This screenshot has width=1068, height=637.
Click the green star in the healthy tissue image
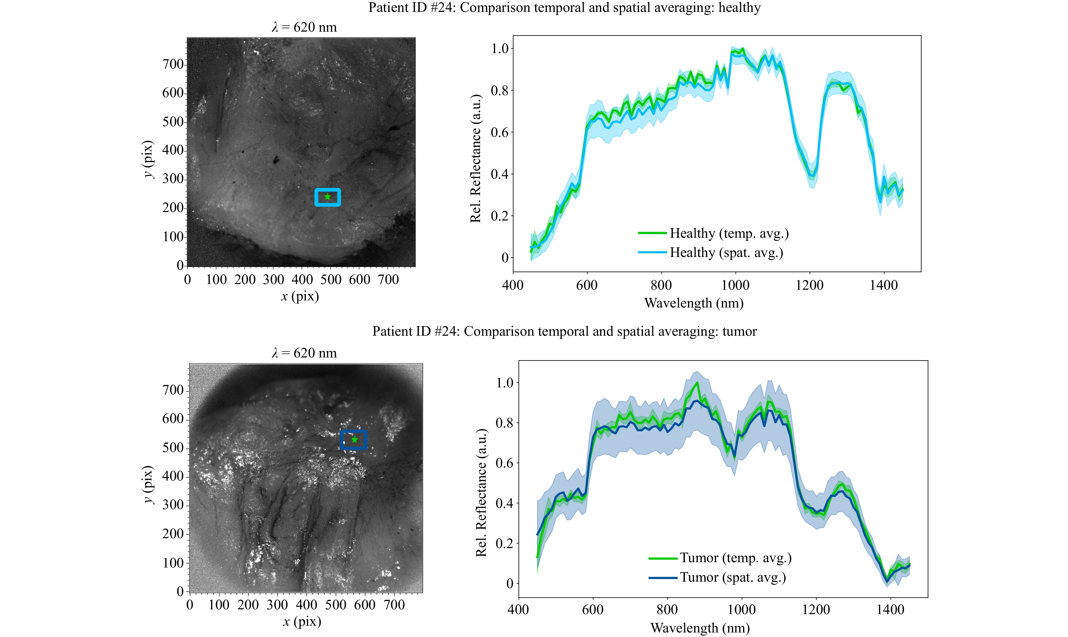(x=328, y=197)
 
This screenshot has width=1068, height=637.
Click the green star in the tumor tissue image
(x=354, y=440)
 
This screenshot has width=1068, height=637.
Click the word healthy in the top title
(x=739, y=8)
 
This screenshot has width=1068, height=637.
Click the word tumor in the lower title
(x=739, y=331)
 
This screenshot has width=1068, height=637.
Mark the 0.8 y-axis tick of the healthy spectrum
(x=500, y=91)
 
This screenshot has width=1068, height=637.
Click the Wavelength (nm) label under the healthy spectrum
(x=694, y=303)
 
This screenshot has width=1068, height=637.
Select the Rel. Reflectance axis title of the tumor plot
(x=481, y=492)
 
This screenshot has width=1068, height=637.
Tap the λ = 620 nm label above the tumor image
(x=304, y=353)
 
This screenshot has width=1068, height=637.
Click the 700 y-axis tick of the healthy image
(x=173, y=64)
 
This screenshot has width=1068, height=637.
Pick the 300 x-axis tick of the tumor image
(x=277, y=605)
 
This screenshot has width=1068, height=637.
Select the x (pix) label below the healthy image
(x=300, y=296)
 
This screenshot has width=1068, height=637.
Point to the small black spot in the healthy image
(x=275, y=161)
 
